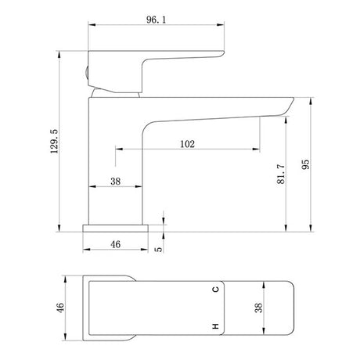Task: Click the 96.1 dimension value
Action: tap(156, 20)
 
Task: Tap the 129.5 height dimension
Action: tap(55, 141)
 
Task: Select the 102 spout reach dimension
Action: tap(187, 144)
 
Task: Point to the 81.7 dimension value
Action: tap(281, 175)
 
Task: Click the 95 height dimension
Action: tap(305, 164)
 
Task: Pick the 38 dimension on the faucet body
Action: tap(115, 181)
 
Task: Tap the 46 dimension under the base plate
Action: tap(115, 244)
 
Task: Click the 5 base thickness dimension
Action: tap(158, 250)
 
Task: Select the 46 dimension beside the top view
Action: tap(60, 308)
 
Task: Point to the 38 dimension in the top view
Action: tap(258, 308)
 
